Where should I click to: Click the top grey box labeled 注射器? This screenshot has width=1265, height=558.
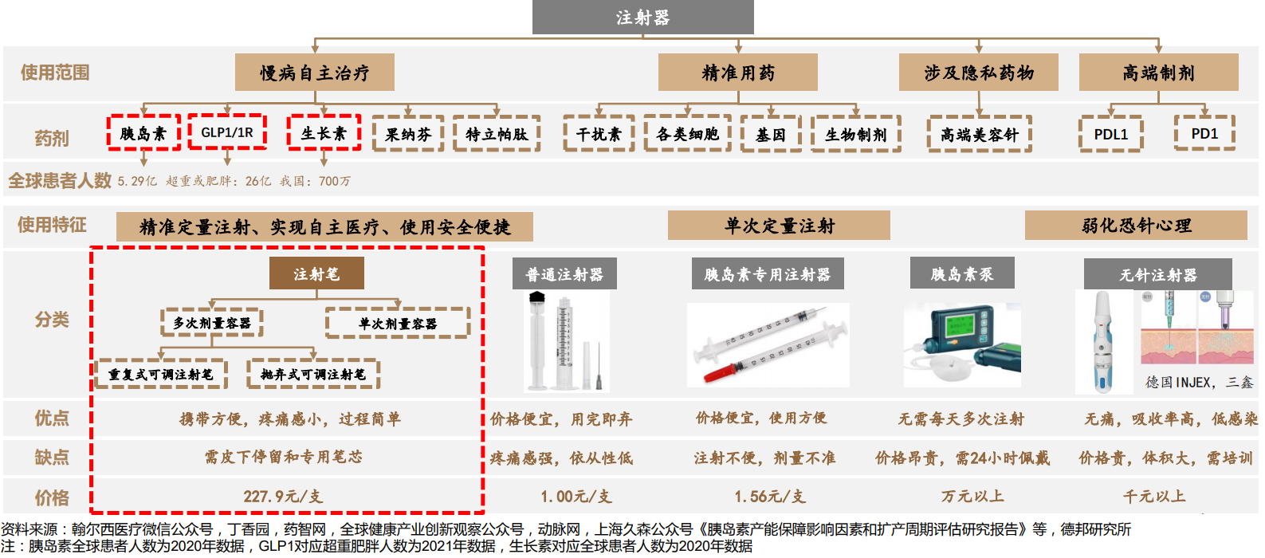pos(642,18)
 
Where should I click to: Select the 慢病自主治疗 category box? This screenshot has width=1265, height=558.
pos(315,73)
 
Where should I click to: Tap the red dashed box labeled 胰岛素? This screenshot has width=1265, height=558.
pos(143,133)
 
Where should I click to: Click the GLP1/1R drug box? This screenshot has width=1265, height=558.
pos(227,132)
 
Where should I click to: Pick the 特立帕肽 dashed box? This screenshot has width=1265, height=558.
pos(497,134)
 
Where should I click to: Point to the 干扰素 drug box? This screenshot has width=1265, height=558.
pos(599,134)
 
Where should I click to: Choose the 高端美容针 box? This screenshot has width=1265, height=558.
pos(980,134)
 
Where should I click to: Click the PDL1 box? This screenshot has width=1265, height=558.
pos(1111,134)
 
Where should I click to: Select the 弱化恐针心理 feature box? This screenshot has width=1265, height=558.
pos(1136,226)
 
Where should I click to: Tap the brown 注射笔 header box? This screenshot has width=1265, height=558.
pos(316,274)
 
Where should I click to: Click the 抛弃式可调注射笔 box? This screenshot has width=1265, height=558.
pos(312,374)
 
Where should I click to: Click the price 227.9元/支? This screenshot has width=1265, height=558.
pos(283,497)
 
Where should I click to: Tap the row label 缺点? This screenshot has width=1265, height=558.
pos(52,458)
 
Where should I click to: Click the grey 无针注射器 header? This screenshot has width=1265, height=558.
pos(1157,275)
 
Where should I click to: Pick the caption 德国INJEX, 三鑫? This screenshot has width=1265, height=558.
pos(1199,383)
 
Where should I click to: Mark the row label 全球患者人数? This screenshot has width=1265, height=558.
pos(60,180)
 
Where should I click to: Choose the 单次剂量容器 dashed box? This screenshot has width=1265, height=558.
pos(397,324)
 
